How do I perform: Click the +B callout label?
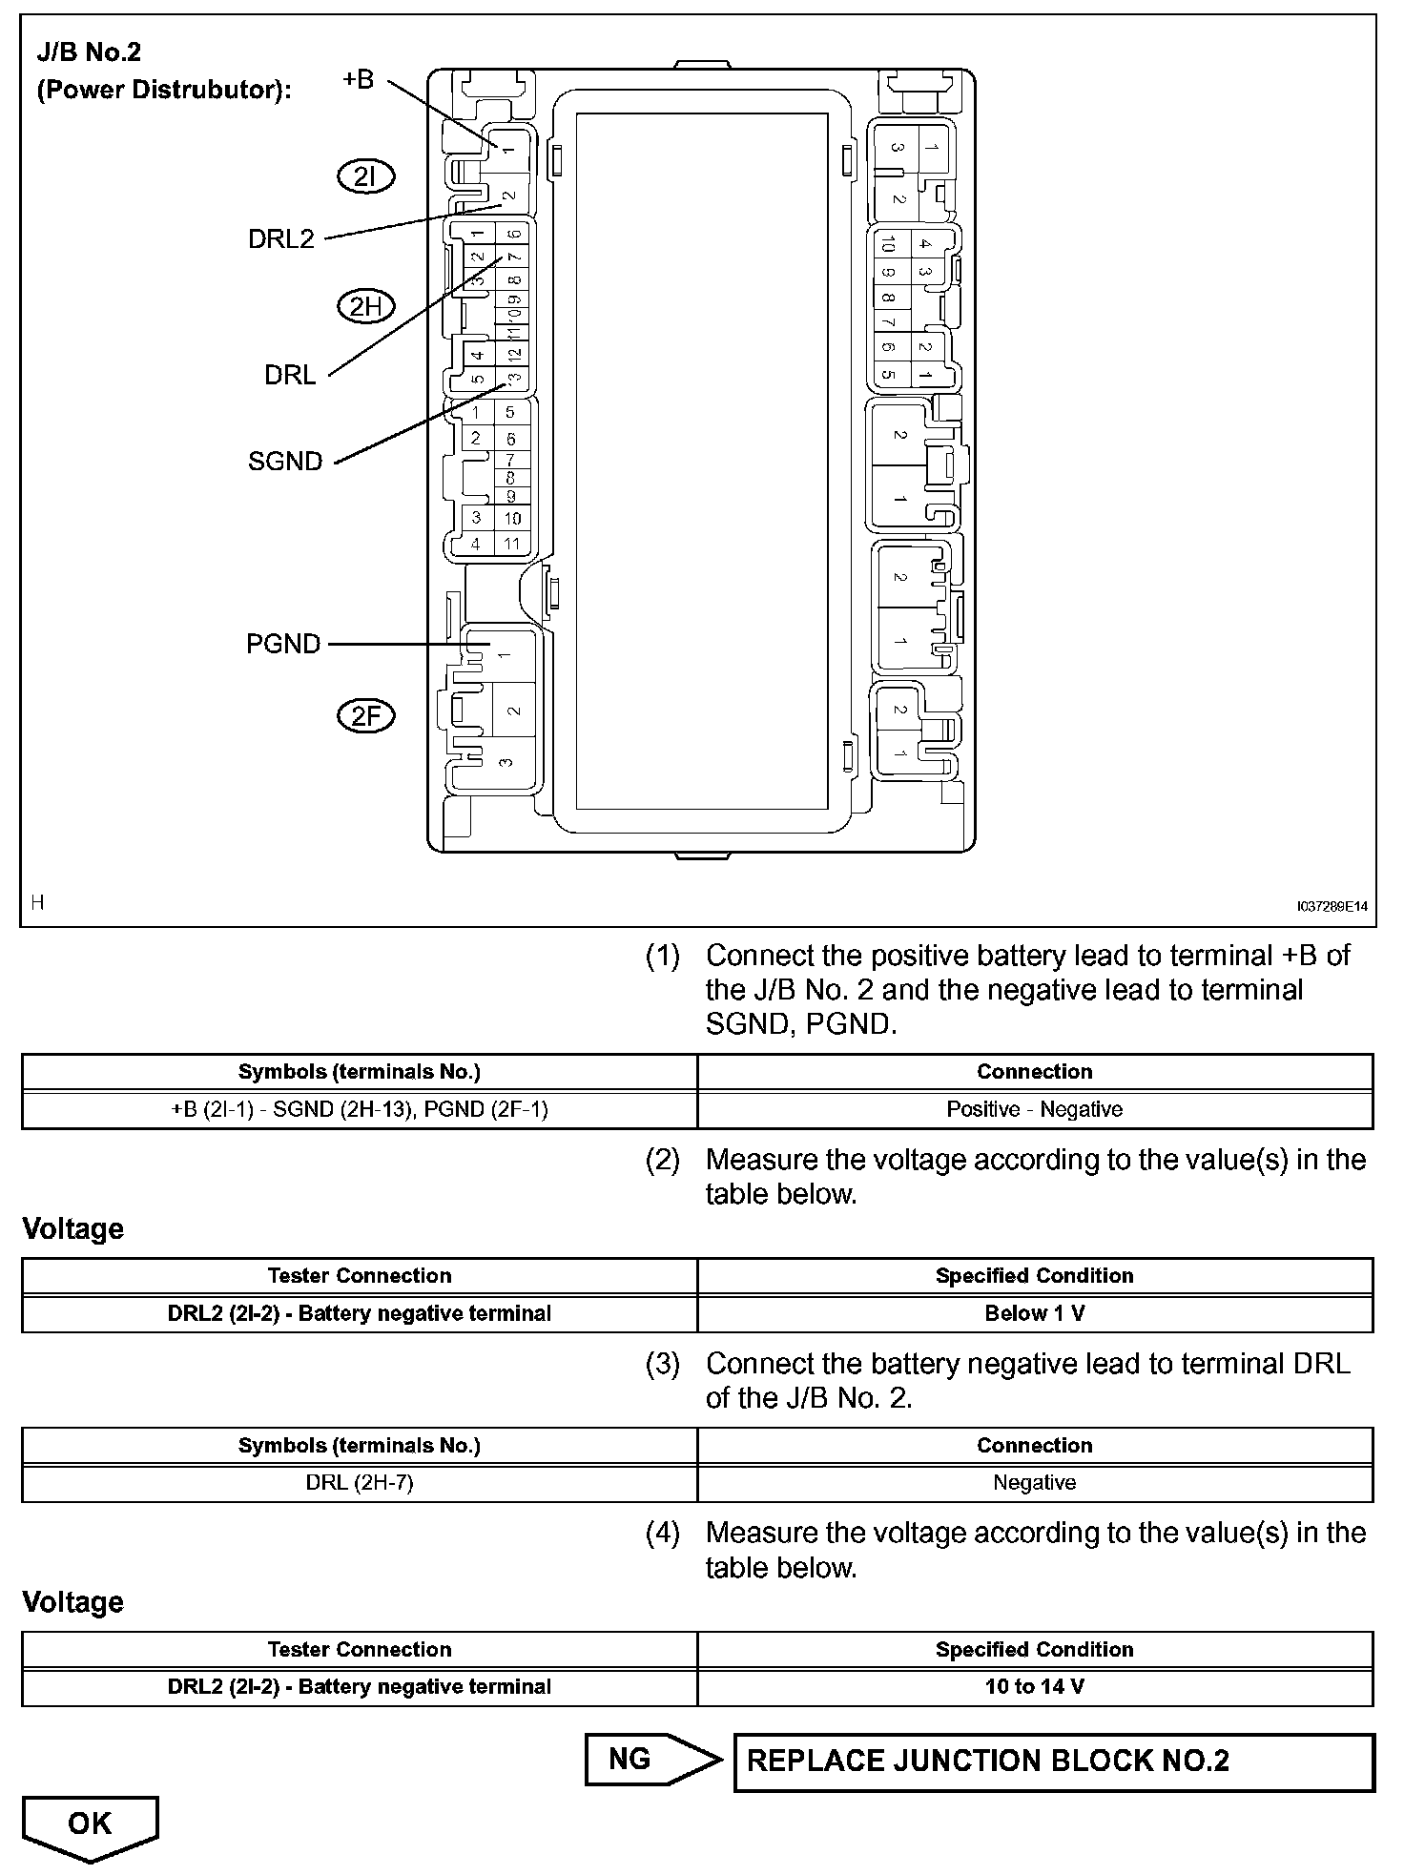pos(359,79)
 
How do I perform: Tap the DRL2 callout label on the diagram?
pos(280,238)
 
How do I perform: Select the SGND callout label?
pos(285,462)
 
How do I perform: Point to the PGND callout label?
pos(283,645)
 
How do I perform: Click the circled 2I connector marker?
pos(366,176)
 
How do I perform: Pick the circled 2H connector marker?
pos(366,306)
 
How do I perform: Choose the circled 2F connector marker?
pos(366,716)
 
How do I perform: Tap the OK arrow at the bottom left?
pos(90,1825)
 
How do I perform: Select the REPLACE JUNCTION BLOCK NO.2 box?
pos(1053,1762)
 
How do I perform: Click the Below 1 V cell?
pos(1035,1313)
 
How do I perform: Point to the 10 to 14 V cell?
pos(1035,1686)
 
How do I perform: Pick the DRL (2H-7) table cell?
pos(360,1482)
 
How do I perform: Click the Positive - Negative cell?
pos(1035,1109)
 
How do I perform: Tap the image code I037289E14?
pos(1332,906)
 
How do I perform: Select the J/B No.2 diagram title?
pos(89,52)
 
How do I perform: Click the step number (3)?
pos(663,1364)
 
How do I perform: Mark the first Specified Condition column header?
pos(1035,1275)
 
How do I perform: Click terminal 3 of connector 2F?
pos(506,762)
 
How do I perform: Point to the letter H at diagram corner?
pos(37,902)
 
